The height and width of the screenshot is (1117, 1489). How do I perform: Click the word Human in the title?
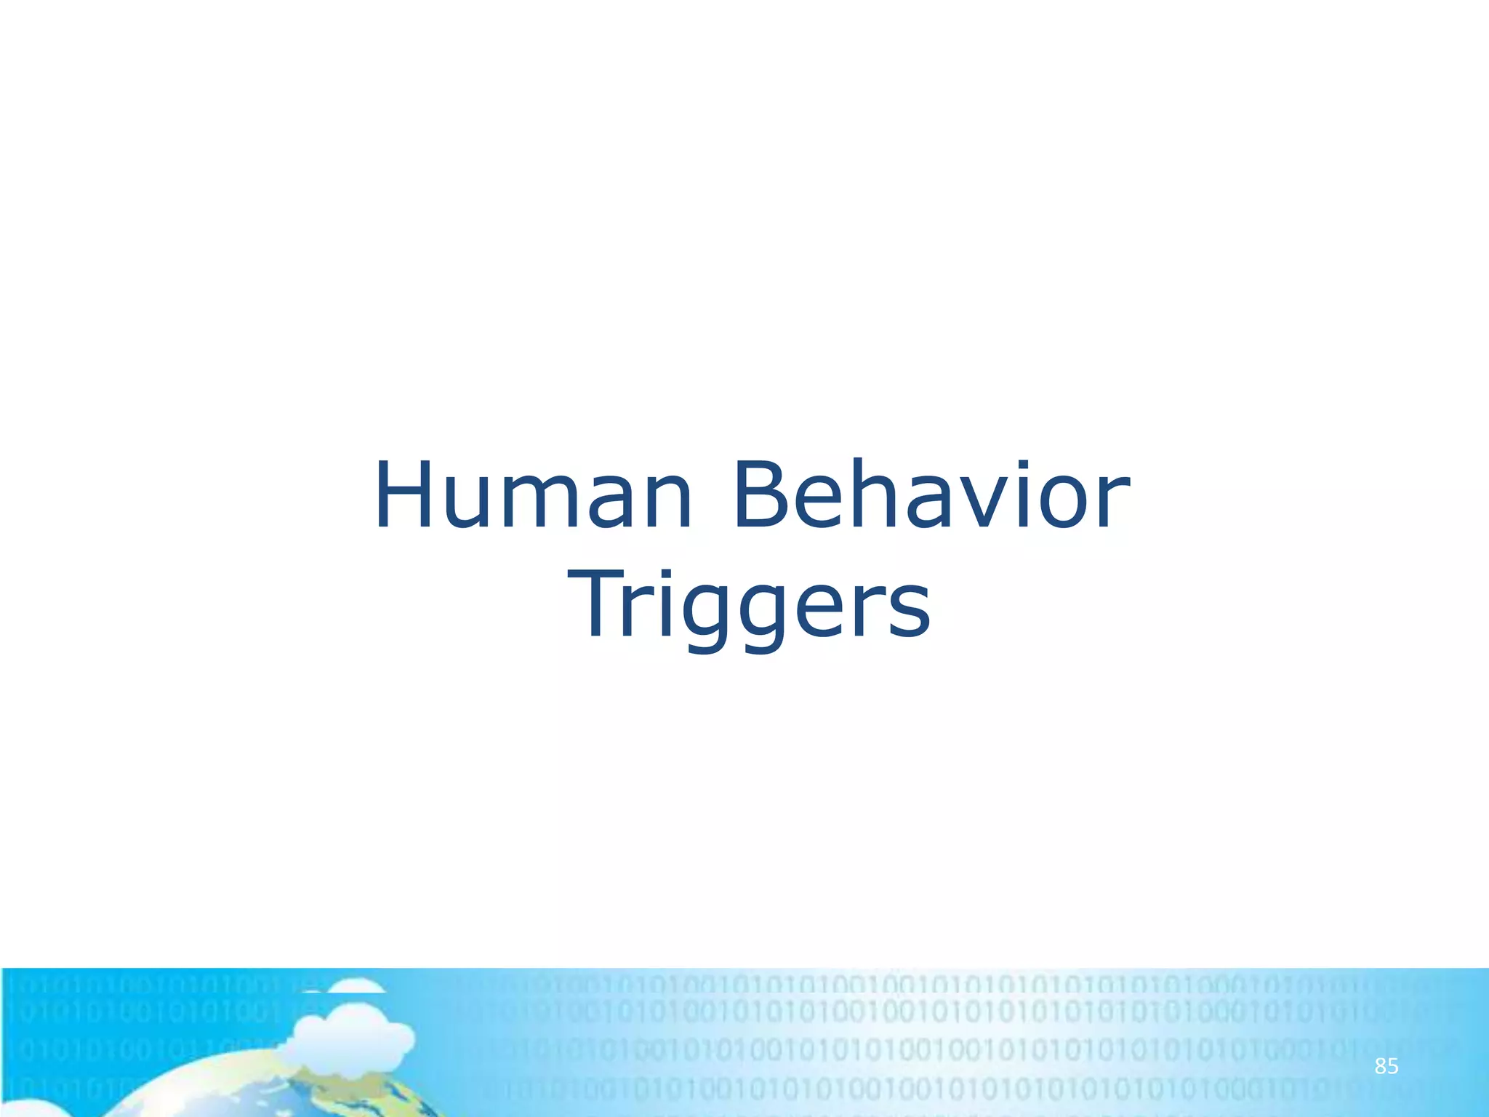tap(533, 496)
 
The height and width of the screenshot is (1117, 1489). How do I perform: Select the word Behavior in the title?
tap(931, 496)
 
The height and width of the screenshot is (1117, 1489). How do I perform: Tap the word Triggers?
tap(749, 605)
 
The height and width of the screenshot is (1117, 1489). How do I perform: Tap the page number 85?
tap(1386, 1067)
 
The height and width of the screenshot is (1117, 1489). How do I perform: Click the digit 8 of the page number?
tap(1379, 1067)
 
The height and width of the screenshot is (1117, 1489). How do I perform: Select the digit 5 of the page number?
tap(1392, 1067)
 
